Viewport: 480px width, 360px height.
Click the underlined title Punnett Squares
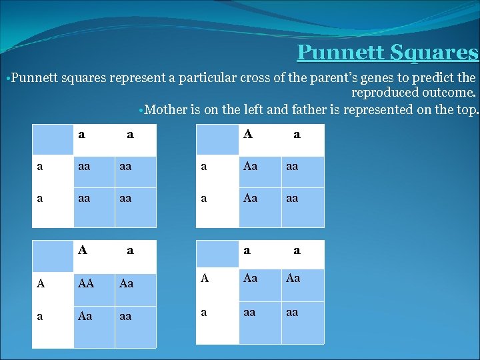point(387,51)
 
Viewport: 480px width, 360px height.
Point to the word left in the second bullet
point(236,109)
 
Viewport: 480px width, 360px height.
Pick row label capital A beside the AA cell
point(41,283)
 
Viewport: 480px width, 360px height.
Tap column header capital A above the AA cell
point(82,251)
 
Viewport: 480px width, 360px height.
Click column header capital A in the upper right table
point(248,134)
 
